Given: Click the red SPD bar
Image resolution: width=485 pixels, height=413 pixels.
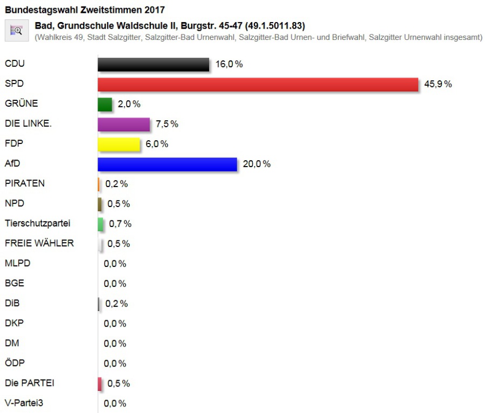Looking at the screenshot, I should pyautogui.click(x=258, y=84).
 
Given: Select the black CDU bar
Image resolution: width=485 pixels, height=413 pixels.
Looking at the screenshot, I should pyautogui.click(x=153, y=64).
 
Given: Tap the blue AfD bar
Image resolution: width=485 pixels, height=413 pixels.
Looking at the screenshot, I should pyautogui.click(x=167, y=164).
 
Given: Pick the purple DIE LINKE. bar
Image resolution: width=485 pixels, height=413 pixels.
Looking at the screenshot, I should pyautogui.click(x=123, y=124).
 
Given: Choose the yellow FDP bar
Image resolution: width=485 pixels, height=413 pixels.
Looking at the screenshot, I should pyautogui.click(x=119, y=144).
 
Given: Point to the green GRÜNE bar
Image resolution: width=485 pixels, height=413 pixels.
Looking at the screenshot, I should pyautogui.click(x=105, y=104).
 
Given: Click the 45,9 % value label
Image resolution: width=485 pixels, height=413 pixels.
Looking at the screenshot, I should pyautogui.click(x=438, y=84).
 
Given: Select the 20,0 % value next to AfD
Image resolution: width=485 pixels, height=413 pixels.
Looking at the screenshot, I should pyautogui.click(x=257, y=164).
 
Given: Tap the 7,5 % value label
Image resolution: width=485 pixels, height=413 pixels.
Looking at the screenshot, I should pyautogui.click(x=167, y=124).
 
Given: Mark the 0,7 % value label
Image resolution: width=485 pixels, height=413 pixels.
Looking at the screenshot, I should pyautogui.click(x=120, y=224).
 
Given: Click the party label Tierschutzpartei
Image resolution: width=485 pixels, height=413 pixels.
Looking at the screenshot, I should pyautogui.click(x=37, y=223).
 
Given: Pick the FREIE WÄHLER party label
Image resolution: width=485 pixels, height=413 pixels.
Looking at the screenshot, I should pyautogui.click(x=39, y=243).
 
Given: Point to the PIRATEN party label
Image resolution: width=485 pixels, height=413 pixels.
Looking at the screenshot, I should pyautogui.click(x=24, y=183).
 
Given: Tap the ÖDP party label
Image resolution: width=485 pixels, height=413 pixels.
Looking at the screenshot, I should pyautogui.click(x=15, y=362).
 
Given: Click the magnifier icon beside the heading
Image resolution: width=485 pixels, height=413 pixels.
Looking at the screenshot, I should pyautogui.click(x=17, y=31).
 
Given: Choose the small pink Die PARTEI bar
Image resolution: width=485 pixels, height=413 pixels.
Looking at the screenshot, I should pyautogui.click(x=100, y=383).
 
